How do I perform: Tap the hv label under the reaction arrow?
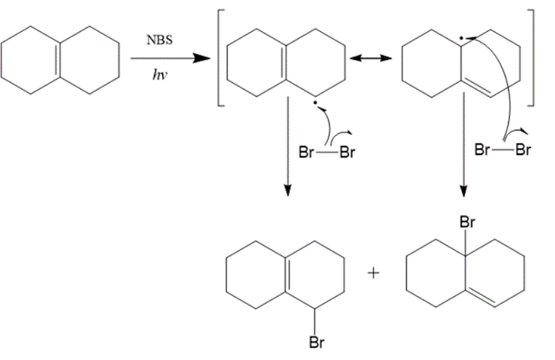(x=160, y=74)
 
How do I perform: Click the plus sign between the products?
(x=374, y=273)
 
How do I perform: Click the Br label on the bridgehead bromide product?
(x=466, y=223)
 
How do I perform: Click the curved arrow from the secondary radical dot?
(x=327, y=125)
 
